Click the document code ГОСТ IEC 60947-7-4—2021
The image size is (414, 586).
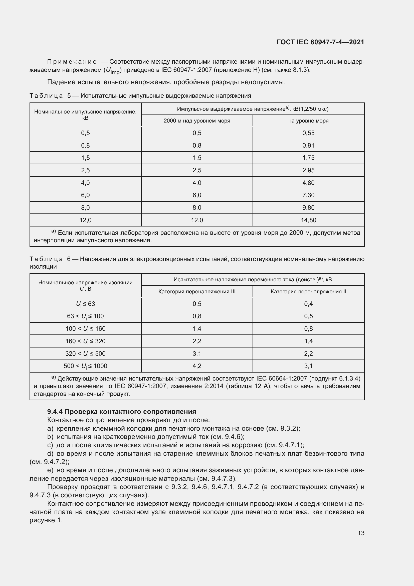(320, 42)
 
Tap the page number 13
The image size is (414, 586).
(361, 533)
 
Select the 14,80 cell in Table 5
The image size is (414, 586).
(308, 220)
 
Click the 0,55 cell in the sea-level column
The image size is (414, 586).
(308, 133)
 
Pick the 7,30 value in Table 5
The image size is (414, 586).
(308, 195)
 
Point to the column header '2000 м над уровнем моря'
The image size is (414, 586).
(197, 121)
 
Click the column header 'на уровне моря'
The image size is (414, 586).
(308, 121)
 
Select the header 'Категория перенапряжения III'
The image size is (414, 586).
(197, 291)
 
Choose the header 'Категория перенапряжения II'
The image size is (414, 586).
(308, 291)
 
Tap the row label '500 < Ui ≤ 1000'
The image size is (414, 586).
(85, 366)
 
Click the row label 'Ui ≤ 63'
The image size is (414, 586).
(85, 304)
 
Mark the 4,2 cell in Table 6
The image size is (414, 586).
(197, 366)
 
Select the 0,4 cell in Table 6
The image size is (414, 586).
(308, 304)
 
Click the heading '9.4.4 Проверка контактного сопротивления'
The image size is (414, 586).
(122, 412)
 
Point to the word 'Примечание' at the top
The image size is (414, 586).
(72, 62)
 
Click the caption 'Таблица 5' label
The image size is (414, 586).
(50, 96)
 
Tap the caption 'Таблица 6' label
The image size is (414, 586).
(50, 259)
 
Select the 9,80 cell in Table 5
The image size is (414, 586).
(308, 208)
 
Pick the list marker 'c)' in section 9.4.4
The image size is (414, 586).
(50, 445)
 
